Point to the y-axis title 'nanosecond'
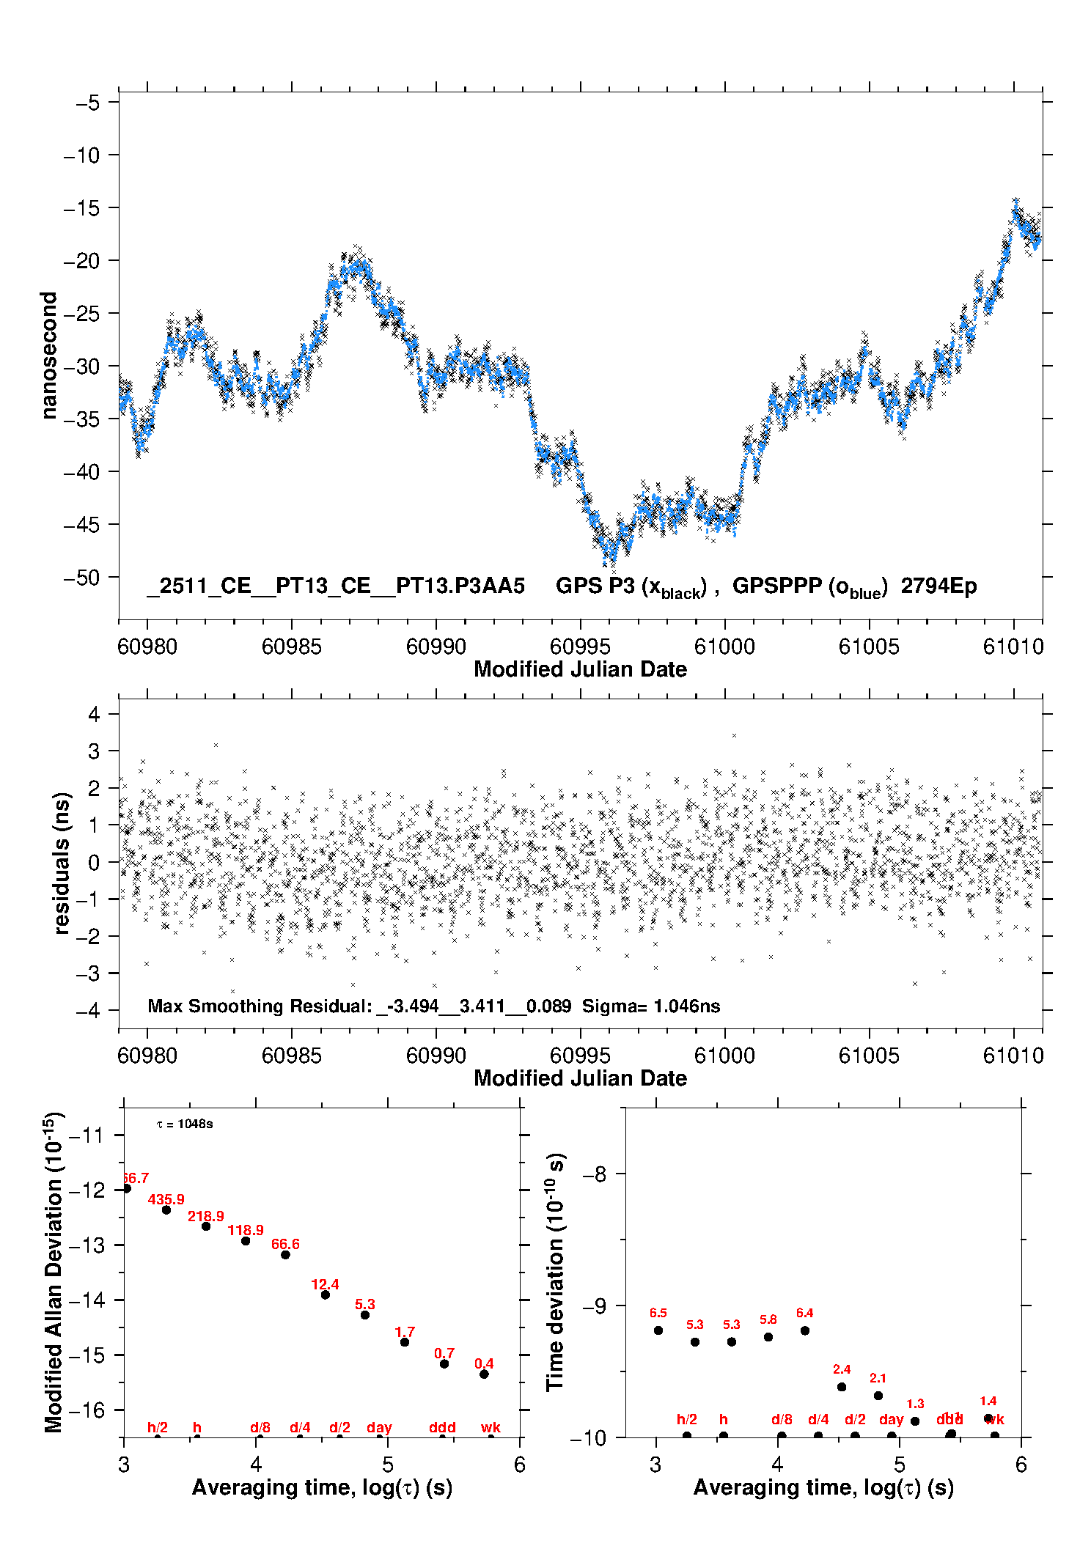click(x=48, y=356)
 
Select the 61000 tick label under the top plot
click(x=724, y=647)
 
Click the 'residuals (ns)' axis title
click(x=62, y=863)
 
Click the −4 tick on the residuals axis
click(x=93, y=1010)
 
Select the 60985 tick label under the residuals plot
click(x=292, y=1056)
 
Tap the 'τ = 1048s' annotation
click(x=185, y=1124)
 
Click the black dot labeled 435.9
click(x=166, y=1209)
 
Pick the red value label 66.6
click(x=285, y=1244)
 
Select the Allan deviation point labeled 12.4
click(x=326, y=1295)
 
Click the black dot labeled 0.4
click(x=484, y=1374)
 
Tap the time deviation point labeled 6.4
click(x=805, y=1330)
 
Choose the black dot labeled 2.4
click(x=842, y=1387)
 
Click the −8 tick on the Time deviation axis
click(x=598, y=1174)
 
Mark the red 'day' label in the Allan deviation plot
click(x=379, y=1427)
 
